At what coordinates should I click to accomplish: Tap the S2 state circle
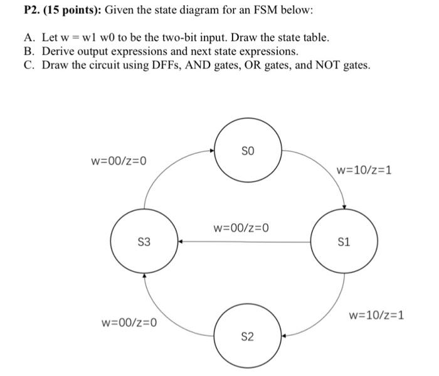[248, 337]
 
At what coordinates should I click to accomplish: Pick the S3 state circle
[144, 242]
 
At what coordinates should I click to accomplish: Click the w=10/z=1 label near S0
[364, 169]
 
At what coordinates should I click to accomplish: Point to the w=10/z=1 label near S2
[376, 314]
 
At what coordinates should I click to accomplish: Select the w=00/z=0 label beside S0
[119, 161]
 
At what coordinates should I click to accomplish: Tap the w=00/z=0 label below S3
[129, 323]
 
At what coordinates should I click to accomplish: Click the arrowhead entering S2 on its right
[284, 336]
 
